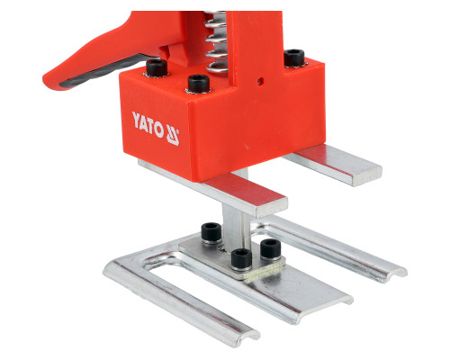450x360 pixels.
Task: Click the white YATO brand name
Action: (x=148, y=124)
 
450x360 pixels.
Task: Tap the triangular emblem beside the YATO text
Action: (x=173, y=135)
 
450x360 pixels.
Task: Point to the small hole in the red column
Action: (x=260, y=80)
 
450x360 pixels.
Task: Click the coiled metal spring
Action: (x=216, y=42)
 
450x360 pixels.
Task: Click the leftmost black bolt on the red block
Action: (x=157, y=67)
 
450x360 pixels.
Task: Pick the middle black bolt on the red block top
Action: (x=198, y=84)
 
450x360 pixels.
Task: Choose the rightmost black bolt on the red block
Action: (x=294, y=58)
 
